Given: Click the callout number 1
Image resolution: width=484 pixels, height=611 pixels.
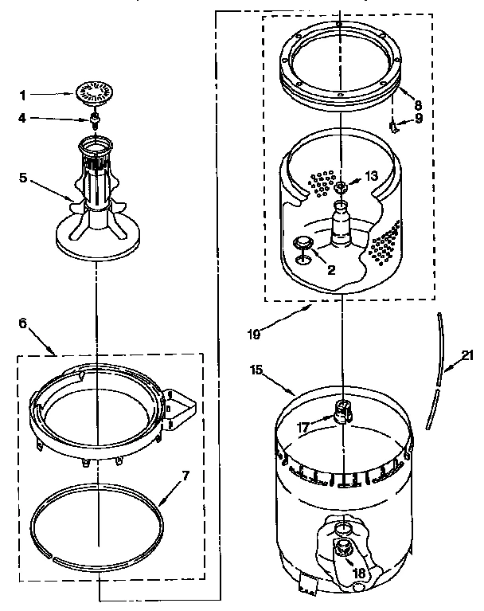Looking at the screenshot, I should click(23, 96).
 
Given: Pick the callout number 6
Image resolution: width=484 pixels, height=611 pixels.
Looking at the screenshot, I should click(22, 323).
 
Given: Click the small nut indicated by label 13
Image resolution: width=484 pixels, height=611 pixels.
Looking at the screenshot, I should click(340, 188).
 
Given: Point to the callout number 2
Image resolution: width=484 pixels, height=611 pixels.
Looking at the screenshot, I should click(330, 270).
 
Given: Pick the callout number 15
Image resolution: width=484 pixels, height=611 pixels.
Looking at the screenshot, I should click(256, 370).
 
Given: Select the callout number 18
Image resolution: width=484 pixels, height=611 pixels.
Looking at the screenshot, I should click(358, 572).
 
